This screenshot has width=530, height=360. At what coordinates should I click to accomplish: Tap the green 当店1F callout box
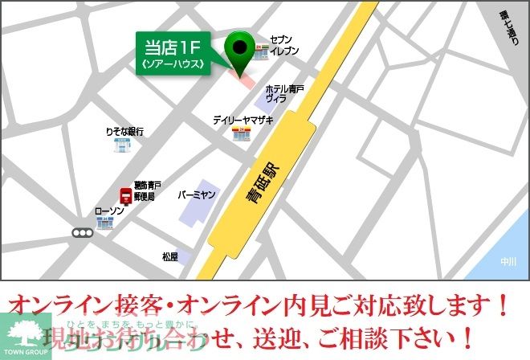coord(172,55)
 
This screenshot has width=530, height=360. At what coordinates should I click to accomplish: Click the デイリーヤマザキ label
coord(243,120)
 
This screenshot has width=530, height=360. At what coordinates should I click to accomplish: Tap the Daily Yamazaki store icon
coord(239,134)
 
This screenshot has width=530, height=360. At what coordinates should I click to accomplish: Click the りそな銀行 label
coord(124,131)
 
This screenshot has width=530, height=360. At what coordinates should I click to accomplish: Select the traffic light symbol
coord(82,233)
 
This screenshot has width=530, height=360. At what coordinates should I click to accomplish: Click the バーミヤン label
coord(198,194)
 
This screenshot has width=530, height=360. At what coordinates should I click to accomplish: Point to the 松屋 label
coord(169,257)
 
